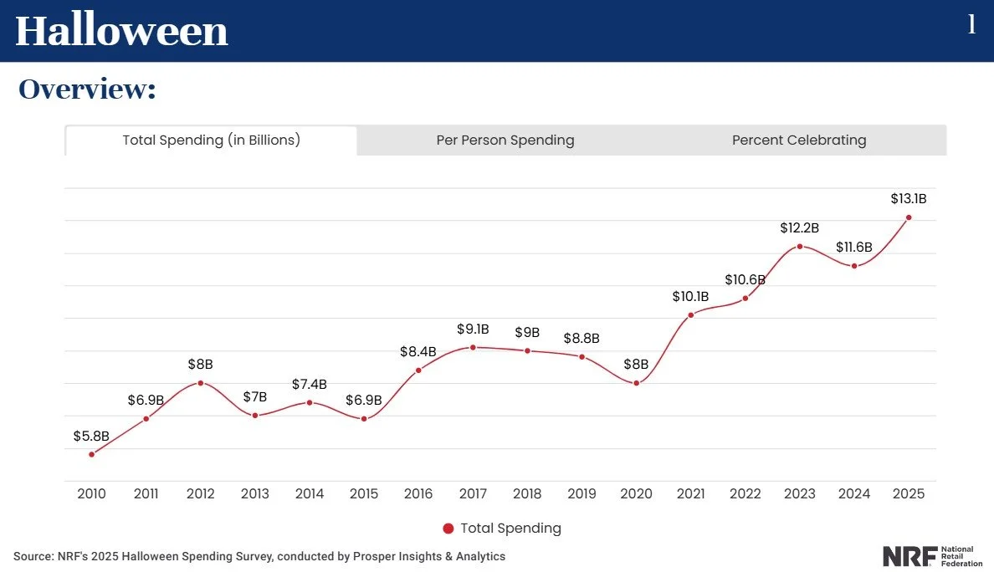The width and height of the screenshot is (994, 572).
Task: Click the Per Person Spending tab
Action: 505,140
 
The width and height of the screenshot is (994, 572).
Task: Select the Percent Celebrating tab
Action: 799,140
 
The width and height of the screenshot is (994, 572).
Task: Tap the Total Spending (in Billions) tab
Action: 211,140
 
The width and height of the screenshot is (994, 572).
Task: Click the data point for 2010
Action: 91,454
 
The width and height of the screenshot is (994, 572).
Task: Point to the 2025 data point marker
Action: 909,217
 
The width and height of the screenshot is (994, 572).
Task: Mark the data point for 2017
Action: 473,347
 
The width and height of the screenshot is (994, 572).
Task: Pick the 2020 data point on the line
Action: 636,383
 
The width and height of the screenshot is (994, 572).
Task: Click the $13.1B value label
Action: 908,199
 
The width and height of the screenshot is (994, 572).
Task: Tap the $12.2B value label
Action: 799,227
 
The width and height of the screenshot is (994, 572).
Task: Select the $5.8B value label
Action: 91,436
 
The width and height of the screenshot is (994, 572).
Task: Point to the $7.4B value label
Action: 310,384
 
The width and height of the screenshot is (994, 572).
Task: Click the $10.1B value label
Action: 690,296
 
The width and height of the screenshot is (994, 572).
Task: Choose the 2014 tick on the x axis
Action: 310,494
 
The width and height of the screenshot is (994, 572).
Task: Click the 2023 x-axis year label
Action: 799,494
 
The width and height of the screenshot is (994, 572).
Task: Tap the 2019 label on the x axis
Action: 582,494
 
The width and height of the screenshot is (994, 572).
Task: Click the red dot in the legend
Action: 448,529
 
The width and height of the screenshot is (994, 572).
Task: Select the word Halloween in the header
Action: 122,31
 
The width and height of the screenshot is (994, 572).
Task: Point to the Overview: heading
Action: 88,89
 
